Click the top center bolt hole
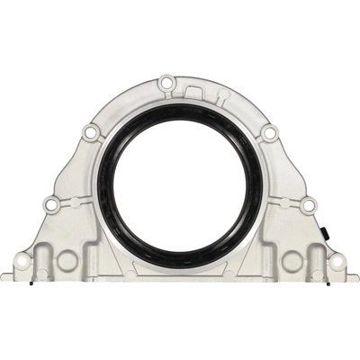click(165, 84)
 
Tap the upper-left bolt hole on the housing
click(89, 134)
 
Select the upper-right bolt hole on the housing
click(268, 133)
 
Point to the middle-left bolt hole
click(51, 205)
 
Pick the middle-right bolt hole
click(308, 206)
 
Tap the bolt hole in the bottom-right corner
click(336, 262)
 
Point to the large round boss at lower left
click(67, 261)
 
